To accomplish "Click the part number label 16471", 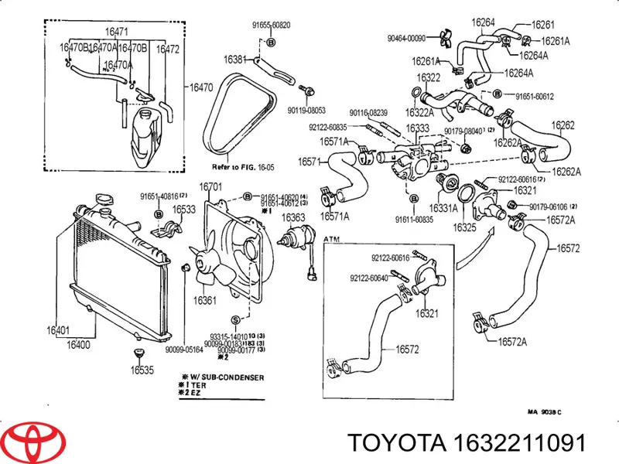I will pyautogui.click(x=116, y=32).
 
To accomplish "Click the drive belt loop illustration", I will pyautogui.click(x=237, y=116).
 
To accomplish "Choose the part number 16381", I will pyautogui.click(x=234, y=60).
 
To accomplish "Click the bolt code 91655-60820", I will pyautogui.click(x=271, y=25).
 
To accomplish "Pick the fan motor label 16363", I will pyautogui.click(x=293, y=217).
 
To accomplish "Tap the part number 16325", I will pyautogui.click(x=464, y=227).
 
